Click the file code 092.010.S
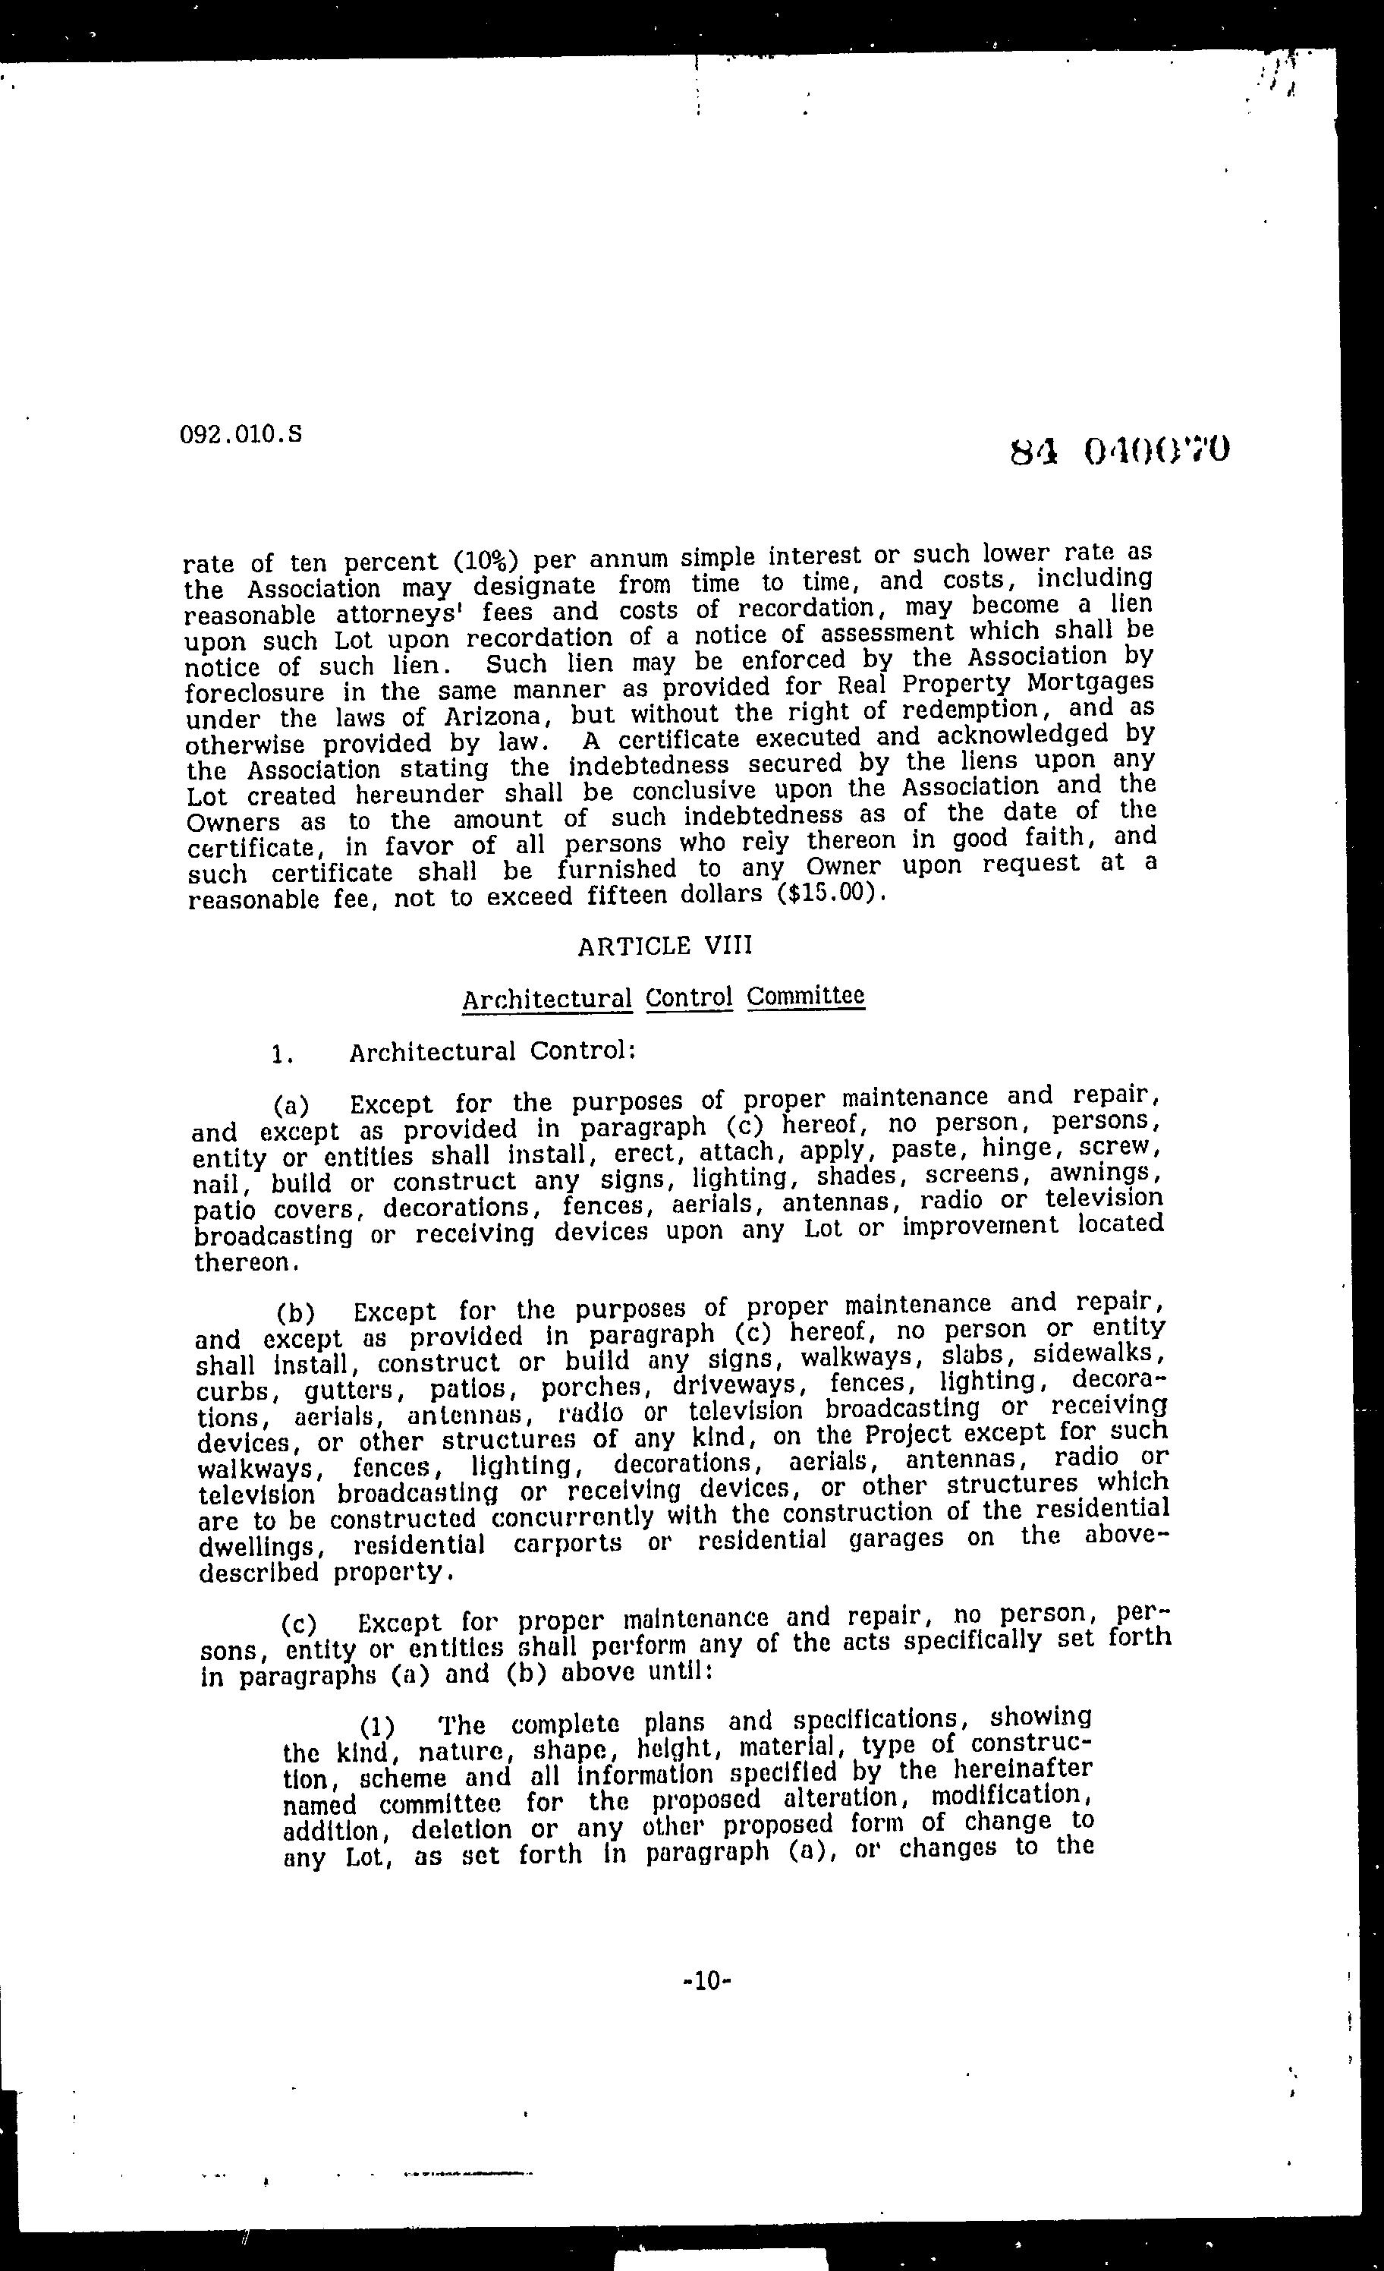(x=241, y=434)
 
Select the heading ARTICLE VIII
(x=665, y=947)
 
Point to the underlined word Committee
(x=805, y=997)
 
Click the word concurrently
(x=571, y=1517)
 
